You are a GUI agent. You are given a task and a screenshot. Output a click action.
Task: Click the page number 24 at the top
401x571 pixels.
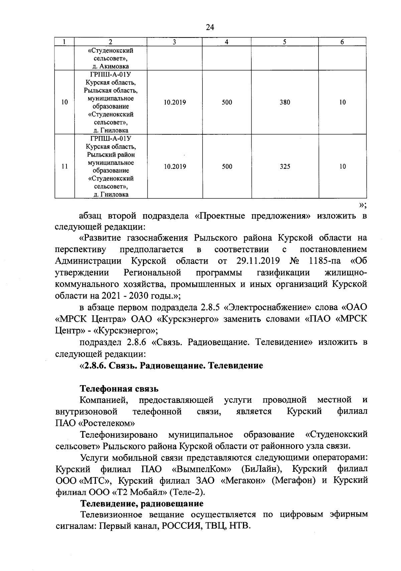tap(210, 28)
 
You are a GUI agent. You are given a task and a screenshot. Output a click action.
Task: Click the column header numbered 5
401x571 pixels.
tap(285, 42)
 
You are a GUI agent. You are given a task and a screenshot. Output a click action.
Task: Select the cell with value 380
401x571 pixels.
tap(285, 103)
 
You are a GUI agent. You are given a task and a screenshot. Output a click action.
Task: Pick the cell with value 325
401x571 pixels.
tap(285, 167)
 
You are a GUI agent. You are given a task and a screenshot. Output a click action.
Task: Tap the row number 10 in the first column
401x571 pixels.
tap(64, 103)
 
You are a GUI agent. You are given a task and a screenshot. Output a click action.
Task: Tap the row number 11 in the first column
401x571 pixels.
tap(64, 167)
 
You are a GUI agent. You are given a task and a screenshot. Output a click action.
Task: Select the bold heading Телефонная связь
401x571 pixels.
tap(119, 389)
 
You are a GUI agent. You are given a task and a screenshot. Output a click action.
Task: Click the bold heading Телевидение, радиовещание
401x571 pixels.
tap(142, 503)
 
